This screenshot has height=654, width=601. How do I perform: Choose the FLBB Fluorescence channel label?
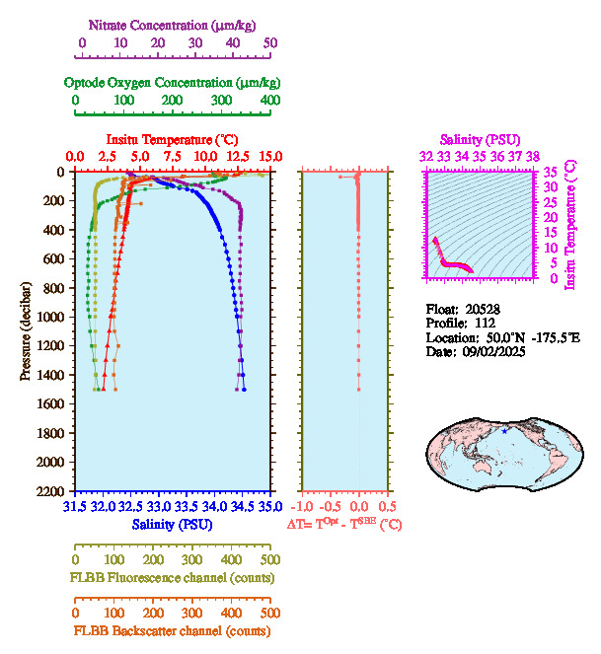point(172,577)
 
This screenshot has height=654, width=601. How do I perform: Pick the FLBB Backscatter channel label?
point(172,630)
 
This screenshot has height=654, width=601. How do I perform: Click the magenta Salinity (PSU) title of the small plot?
point(479,140)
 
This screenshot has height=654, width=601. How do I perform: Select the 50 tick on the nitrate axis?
point(270,43)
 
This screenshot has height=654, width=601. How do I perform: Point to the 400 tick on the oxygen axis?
point(268,101)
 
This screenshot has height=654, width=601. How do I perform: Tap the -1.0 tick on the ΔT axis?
point(306,507)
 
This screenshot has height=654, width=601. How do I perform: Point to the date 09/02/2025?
point(490,351)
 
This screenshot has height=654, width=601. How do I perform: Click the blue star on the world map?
point(504,431)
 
